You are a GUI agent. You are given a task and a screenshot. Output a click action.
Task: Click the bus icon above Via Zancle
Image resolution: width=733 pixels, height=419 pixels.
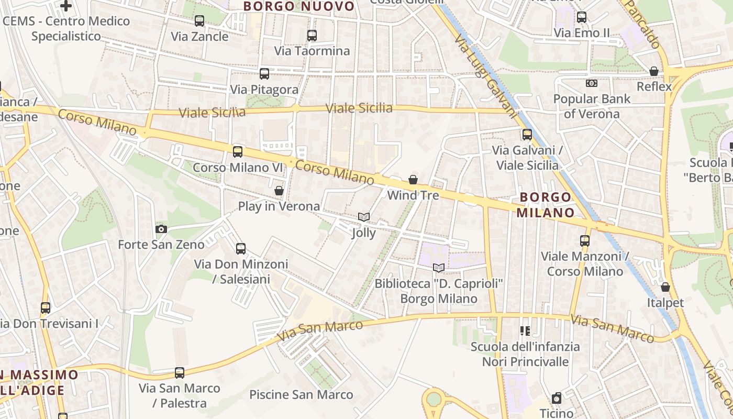(x=199, y=21)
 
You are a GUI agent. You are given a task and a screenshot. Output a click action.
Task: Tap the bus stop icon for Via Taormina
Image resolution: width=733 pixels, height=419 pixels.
(x=312, y=36)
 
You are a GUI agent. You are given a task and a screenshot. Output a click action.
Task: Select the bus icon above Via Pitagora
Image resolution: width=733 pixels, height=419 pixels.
(x=264, y=74)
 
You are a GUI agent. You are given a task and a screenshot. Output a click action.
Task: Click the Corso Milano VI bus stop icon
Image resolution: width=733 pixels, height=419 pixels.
(x=238, y=152)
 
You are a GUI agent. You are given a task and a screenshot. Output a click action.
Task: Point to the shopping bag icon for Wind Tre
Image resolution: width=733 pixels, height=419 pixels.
(x=413, y=180)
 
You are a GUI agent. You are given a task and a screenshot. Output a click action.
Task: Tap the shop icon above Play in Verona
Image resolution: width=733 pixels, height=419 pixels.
(x=279, y=191)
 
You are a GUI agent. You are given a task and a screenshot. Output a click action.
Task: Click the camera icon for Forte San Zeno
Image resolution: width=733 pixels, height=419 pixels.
(x=161, y=229)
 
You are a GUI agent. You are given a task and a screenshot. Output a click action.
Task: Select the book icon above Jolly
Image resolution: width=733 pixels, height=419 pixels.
(x=364, y=217)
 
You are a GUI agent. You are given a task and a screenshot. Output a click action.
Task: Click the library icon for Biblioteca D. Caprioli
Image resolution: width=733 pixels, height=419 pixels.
(x=439, y=268)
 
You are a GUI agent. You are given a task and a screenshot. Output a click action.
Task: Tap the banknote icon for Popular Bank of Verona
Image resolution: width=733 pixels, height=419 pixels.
(x=592, y=83)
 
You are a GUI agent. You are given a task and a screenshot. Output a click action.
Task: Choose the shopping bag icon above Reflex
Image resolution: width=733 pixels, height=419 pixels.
(x=654, y=71)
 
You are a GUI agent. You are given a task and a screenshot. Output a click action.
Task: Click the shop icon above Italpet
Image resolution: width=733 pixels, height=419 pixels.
(x=665, y=287)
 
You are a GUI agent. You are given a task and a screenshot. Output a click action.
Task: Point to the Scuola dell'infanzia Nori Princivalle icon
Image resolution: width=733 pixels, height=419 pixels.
(x=525, y=331)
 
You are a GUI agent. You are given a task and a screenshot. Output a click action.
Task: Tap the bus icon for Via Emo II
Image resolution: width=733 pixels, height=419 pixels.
(x=582, y=17)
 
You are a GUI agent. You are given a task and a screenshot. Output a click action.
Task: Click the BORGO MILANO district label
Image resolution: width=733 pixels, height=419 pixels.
(x=546, y=205)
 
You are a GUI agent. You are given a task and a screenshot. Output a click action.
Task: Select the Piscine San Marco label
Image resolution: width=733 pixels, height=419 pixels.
(x=301, y=394)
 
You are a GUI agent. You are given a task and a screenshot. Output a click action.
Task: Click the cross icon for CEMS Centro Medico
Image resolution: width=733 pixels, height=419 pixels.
(x=66, y=6)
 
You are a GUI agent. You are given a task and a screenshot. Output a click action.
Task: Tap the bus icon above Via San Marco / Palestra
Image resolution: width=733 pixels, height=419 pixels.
(x=180, y=373)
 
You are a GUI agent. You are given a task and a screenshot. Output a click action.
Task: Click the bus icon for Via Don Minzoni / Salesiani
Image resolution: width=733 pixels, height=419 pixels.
(x=241, y=249)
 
